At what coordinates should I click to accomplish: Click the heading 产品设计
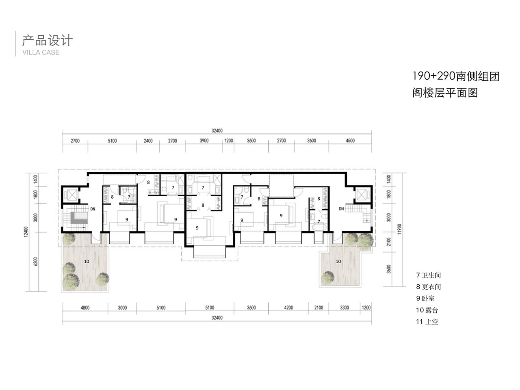click(48, 41)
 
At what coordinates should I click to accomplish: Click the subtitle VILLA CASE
click(41, 52)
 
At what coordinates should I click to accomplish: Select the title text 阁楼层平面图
click(445, 93)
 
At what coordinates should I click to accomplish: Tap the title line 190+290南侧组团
click(456, 76)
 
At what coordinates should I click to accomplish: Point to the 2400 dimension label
click(148, 141)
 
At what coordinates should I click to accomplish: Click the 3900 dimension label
click(204, 141)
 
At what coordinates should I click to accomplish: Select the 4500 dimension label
click(350, 141)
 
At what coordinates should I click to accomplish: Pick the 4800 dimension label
click(85, 308)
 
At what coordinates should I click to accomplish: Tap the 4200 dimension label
click(288, 308)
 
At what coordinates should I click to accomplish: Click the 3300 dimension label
click(344, 308)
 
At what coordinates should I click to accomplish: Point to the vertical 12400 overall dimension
click(26, 232)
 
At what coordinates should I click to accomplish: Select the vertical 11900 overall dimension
click(400, 229)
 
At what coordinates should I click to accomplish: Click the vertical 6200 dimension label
click(35, 261)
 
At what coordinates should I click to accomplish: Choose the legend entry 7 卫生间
click(428, 275)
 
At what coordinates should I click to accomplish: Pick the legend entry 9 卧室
click(425, 298)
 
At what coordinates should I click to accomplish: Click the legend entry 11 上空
click(427, 322)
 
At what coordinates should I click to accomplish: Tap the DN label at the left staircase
click(93, 209)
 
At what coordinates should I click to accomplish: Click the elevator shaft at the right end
click(361, 195)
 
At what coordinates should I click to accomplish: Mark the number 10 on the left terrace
click(87, 261)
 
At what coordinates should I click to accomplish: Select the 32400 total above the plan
click(217, 130)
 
